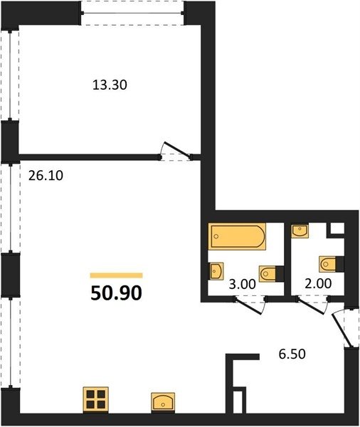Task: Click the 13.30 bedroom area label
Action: click(x=110, y=85)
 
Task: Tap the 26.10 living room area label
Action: click(x=46, y=176)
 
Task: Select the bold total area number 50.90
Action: click(x=116, y=293)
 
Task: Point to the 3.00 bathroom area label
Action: click(x=243, y=284)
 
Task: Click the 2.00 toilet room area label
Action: click(x=318, y=283)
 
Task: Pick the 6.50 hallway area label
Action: click(x=292, y=354)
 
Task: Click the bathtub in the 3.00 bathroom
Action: click(x=237, y=236)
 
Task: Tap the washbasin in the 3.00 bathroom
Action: click(x=216, y=271)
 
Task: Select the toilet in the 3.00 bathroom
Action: click(x=271, y=274)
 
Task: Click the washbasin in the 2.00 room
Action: click(x=300, y=231)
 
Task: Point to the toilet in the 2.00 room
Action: click(x=331, y=264)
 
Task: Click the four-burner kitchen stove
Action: click(x=95, y=400)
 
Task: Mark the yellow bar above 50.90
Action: click(x=116, y=275)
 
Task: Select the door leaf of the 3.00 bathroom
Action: click(x=249, y=307)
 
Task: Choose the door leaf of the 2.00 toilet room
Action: click(x=311, y=306)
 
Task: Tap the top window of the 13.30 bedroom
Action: click(x=132, y=13)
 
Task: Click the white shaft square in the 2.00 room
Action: click(x=337, y=228)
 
